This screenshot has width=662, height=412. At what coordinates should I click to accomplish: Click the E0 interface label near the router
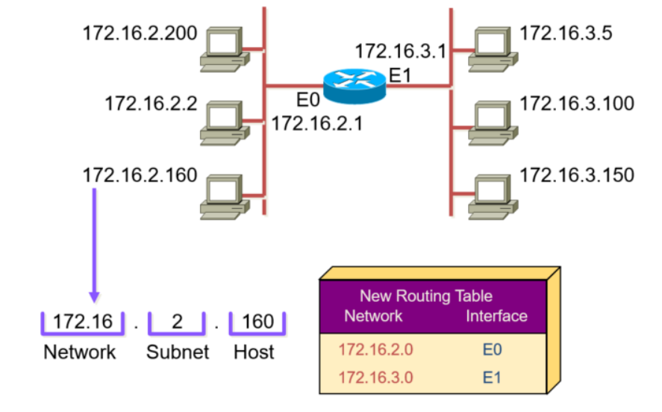coord(307,100)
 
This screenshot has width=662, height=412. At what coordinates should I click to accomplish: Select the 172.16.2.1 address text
coord(316,123)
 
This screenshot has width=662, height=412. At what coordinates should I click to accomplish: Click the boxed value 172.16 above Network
coord(83,322)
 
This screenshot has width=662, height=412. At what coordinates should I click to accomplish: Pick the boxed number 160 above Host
coord(258,322)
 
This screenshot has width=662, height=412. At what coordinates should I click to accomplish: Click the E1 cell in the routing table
coord(491,377)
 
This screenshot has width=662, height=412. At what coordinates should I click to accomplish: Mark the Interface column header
coord(496,316)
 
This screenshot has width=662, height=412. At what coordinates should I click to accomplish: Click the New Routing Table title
coord(426,296)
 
